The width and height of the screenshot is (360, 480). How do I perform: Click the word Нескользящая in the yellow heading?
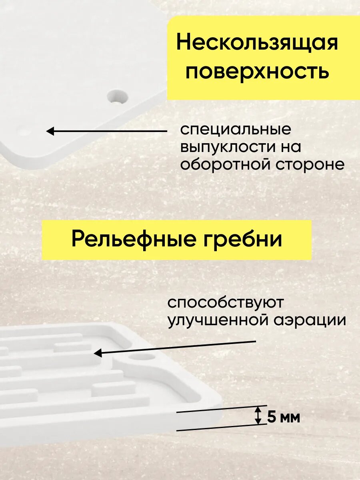coord(257,43)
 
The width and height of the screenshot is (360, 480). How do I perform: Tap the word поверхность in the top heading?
coord(257,72)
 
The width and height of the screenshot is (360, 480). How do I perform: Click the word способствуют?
coord(226,303)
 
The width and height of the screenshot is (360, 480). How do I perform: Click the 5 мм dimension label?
coord(283,418)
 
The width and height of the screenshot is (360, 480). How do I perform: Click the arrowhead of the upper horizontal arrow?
coord(50,131)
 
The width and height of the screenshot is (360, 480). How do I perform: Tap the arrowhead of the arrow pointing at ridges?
coord(97,353)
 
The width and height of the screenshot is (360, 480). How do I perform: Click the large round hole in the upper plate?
coord(117,96)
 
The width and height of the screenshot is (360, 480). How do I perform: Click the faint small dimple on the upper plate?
coord(23,131)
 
